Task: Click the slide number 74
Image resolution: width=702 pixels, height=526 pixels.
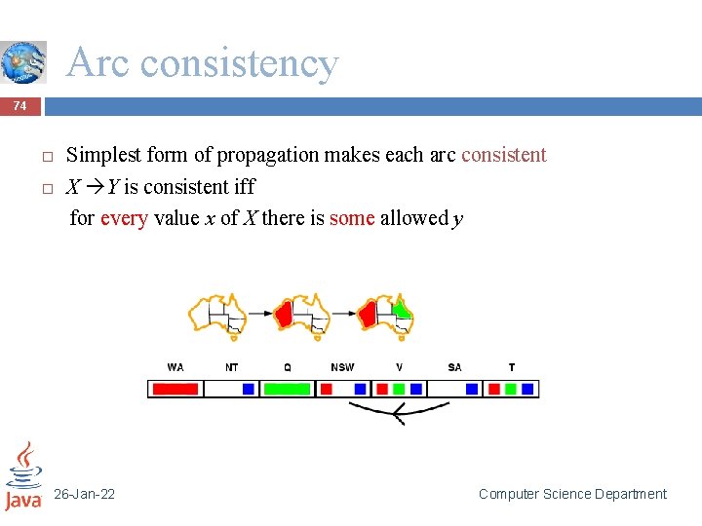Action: point(19,105)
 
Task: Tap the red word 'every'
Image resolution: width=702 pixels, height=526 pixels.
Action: point(123,218)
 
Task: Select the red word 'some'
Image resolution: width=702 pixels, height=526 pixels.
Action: point(352,218)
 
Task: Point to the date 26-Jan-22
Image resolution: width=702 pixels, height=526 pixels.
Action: point(84,495)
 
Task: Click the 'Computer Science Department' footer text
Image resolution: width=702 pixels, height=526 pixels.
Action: point(572,495)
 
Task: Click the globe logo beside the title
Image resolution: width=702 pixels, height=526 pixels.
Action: point(23,62)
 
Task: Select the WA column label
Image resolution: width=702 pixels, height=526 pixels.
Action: point(175,367)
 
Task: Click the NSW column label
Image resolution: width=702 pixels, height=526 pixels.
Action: point(342,367)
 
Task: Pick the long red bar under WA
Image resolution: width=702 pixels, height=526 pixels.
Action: point(175,389)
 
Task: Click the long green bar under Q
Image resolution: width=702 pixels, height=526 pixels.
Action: point(287,389)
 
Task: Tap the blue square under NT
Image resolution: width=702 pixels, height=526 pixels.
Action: point(249,389)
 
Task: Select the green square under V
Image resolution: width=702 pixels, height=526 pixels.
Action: point(398,389)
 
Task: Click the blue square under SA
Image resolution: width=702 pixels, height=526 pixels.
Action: point(472,389)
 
